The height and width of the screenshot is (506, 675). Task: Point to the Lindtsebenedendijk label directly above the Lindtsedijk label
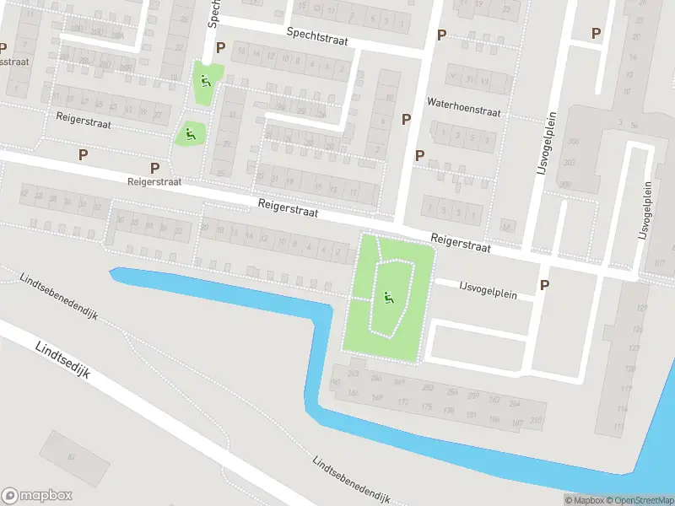coord(59,296)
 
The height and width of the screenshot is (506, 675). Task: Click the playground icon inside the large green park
coord(388,297)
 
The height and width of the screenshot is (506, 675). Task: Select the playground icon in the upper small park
coord(205,82)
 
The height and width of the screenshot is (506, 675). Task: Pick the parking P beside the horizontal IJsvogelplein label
coord(544,285)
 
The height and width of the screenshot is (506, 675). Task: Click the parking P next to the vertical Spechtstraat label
coord(221,48)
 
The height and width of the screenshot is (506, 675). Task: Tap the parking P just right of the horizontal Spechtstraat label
coord(440,35)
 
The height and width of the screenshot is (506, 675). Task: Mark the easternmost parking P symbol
coord(596,33)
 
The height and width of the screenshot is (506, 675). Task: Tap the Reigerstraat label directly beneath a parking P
coord(154,181)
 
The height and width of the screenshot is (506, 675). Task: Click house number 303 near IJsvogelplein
coord(570,162)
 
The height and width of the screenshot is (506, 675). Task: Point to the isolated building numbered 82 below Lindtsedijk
coord(71,456)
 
